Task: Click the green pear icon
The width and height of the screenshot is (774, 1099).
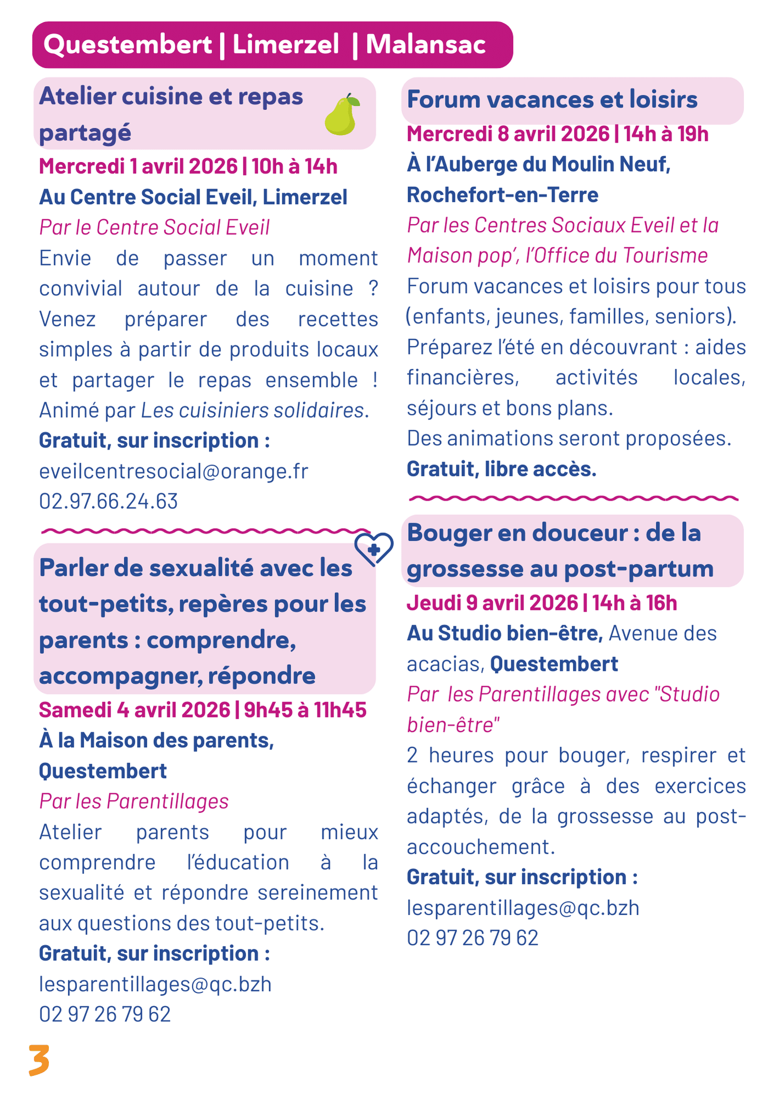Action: [x=341, y=115]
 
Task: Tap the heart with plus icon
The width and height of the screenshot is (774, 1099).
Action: [x=374, y=549]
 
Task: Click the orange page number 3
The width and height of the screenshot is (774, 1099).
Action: [x=39, y=1059]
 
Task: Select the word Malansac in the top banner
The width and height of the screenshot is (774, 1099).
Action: [x=426, y=45]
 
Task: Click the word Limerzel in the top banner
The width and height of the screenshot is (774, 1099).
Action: [x=286, y=45]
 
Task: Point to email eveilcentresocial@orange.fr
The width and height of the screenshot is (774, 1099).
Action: [x=174, y=471]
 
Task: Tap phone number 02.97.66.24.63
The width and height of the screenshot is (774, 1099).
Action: [x=109, y=501]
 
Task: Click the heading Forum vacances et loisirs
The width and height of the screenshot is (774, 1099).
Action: [x=552, y=100]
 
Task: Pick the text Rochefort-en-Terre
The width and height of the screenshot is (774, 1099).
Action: [x=503, y=195]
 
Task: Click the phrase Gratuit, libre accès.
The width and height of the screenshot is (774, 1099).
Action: [x=501, y=469]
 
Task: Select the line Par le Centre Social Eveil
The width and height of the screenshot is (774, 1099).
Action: [x=154, y=227]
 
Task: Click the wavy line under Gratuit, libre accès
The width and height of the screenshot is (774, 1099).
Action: [x=573, y=498]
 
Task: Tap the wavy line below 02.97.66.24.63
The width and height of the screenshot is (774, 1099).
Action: [x=206, y=531]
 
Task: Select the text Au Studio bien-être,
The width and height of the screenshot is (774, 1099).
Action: [x=505, y=634]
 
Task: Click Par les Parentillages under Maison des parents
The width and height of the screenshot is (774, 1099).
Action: [x=133, y=801]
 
